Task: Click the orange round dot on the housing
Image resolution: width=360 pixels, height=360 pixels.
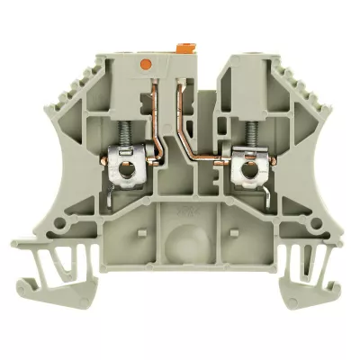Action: coord(145,64)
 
